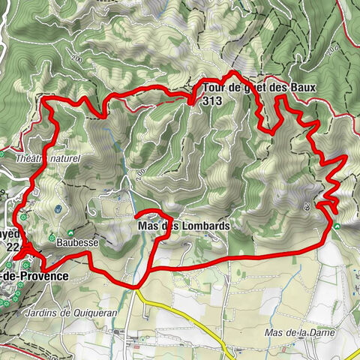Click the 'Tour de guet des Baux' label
254,88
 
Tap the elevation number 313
211,100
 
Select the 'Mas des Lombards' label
183,224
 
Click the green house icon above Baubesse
73,232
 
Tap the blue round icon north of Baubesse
58,208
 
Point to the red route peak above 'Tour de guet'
235,73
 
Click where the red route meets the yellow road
135,286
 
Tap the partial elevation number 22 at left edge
11,245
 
